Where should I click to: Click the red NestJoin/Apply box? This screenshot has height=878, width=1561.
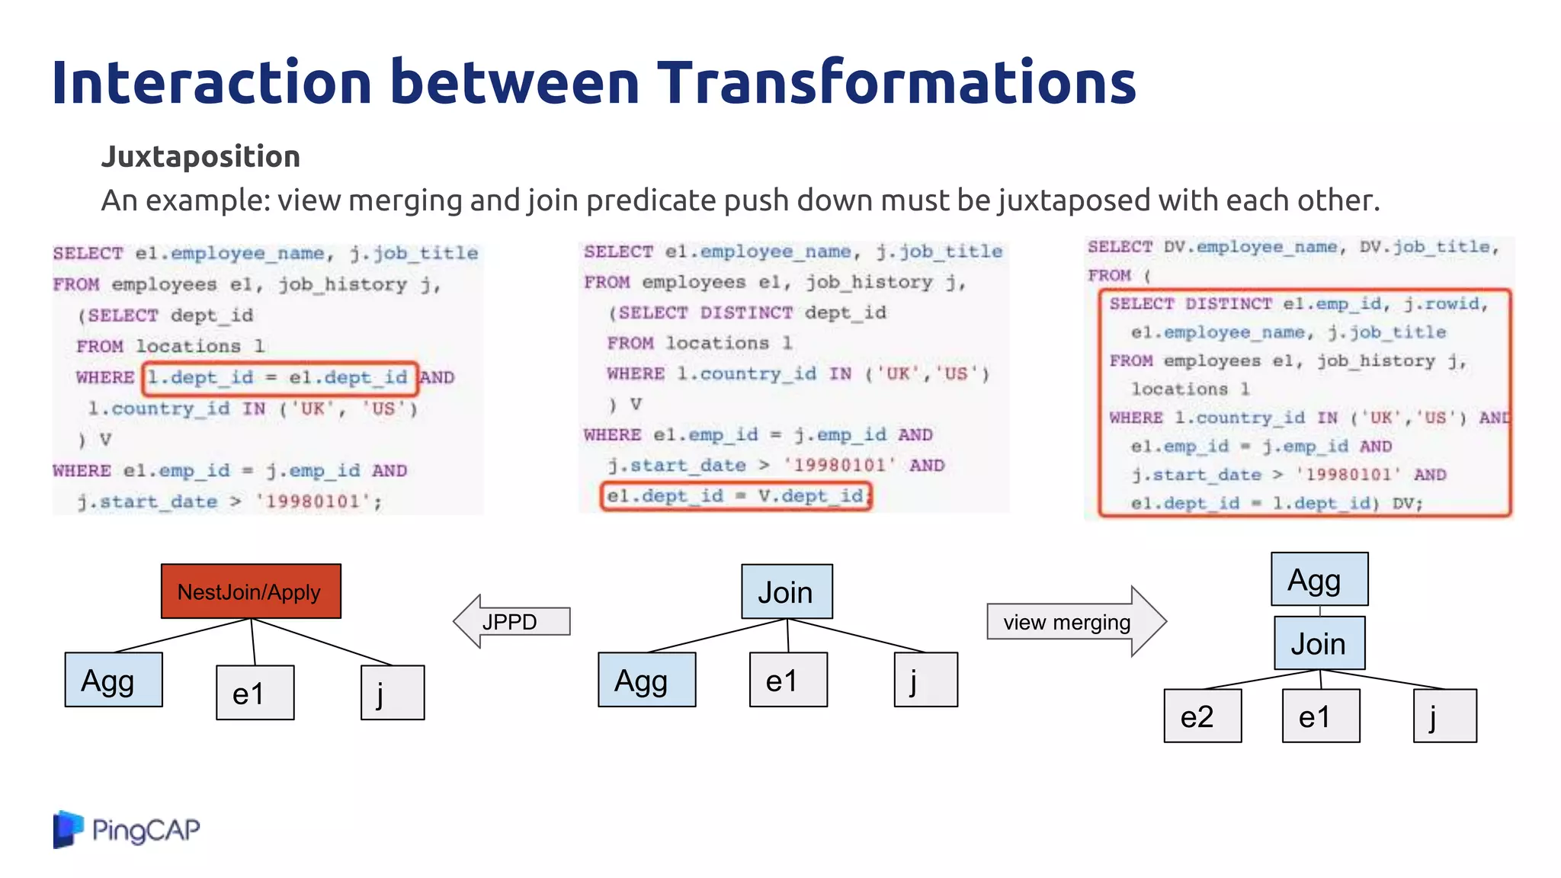[251, 591]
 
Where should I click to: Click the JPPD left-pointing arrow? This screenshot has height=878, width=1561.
[511, 621]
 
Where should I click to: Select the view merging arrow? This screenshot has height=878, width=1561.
[1075, 622]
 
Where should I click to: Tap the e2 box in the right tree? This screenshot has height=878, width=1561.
[1202, 716]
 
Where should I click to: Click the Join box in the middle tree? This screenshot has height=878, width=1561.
[787, 591]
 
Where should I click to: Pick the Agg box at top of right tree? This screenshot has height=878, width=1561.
[1319, 579]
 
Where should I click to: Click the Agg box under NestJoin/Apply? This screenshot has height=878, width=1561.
[113, 680]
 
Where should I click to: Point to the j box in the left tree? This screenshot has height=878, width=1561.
[392, 692]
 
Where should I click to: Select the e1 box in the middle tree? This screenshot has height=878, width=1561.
[787, 680]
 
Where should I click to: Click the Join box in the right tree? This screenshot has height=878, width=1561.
[1319, 643]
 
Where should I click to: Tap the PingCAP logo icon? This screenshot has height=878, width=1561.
[67, 829]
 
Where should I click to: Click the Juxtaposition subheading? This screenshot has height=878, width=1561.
[200, 156]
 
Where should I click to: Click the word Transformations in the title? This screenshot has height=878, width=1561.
[896, 82]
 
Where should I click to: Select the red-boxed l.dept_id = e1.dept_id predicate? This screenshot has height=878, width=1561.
[280, 378]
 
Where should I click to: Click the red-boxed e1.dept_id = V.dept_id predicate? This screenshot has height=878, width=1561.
[736, 496]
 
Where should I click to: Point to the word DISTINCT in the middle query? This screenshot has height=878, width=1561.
[746, 312]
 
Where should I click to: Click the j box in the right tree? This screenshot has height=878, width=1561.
[1444, 716]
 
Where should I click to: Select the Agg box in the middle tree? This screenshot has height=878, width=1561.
[646, 680]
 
